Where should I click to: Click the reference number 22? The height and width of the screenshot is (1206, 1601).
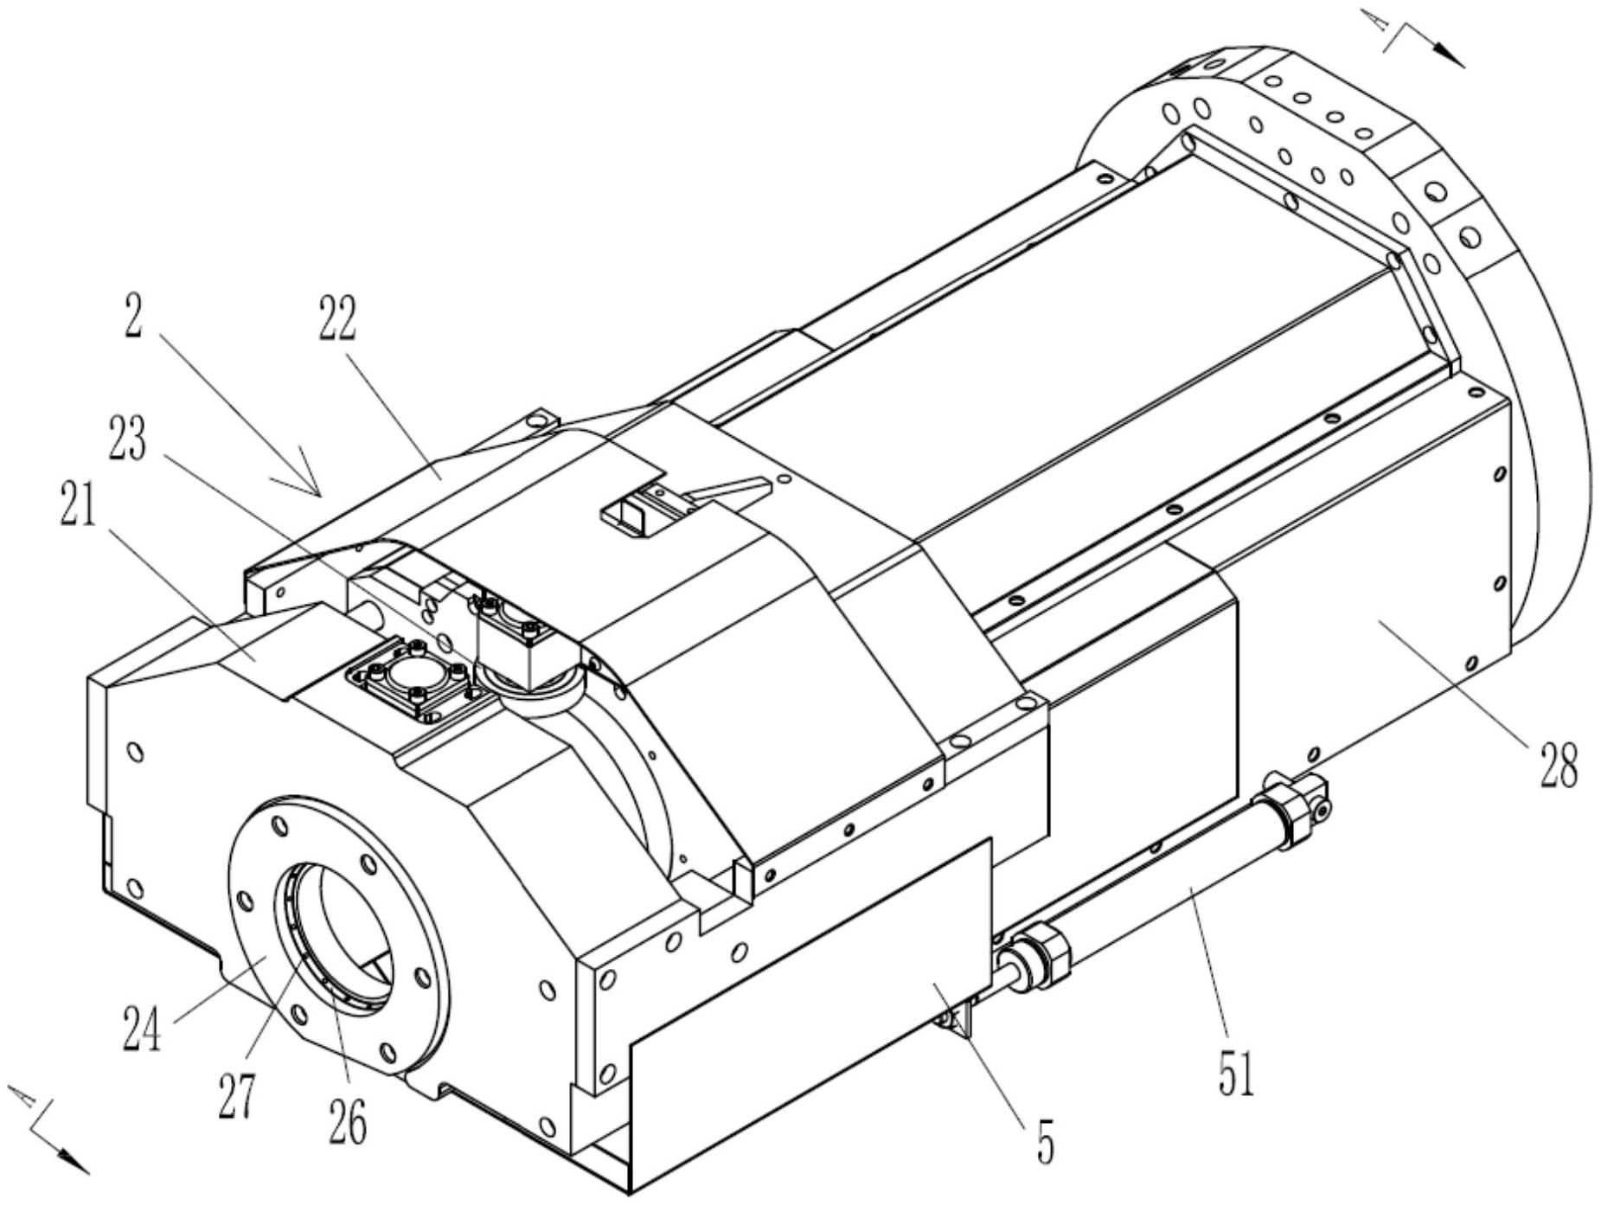(x=336, y=319)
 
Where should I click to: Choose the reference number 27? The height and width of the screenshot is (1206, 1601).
(x=237, y=1094)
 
